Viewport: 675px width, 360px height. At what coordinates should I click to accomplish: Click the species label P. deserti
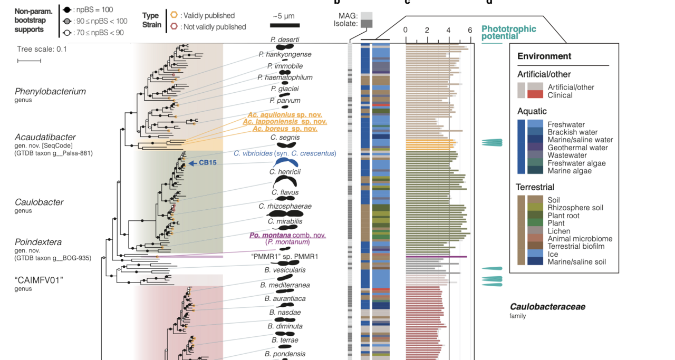coord(285,40)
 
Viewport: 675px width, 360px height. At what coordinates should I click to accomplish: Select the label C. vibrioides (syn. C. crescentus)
coord(285,153)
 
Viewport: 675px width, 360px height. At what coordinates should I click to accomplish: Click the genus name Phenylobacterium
coord(50,91)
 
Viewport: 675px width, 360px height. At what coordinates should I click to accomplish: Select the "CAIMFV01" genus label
coord(39,280)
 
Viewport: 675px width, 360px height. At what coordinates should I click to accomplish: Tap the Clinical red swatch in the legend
coord(535,95)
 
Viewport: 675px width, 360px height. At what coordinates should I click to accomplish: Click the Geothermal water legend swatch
coord(535,148)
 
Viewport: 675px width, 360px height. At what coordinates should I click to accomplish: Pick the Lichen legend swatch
coord(535,231)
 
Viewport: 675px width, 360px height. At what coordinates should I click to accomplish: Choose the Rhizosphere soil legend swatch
coord(535,208)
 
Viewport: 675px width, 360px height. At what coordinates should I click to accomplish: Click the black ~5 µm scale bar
coord(285,25)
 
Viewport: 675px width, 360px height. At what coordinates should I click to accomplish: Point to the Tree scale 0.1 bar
coord(29,61)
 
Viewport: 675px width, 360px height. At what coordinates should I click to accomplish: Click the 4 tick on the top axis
coord(449,30)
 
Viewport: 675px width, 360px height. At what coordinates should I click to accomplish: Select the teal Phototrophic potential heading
coord(508,33)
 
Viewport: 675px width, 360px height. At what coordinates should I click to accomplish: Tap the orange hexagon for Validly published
coord(174,15)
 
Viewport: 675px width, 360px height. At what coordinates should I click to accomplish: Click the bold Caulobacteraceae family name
coord(547,307)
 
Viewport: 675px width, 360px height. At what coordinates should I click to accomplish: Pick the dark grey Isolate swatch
coord(367,24)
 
